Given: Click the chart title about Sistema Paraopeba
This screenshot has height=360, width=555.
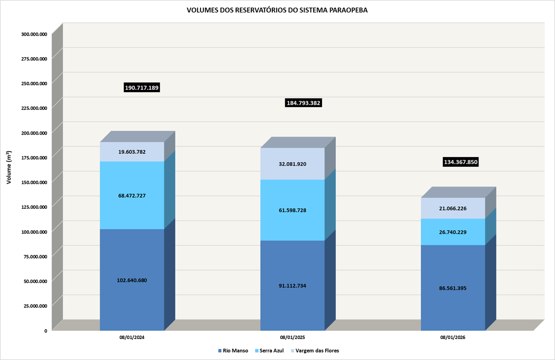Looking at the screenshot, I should pos(277,10).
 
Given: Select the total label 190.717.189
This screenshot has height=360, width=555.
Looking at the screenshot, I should pos(142,88).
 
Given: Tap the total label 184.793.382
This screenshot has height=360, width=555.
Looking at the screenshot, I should pos(304,103).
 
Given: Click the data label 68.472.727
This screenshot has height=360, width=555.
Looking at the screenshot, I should pos(132,195).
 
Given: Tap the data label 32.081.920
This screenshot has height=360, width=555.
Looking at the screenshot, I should pos(293,164).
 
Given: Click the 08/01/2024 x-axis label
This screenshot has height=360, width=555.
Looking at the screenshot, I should pos(132,338).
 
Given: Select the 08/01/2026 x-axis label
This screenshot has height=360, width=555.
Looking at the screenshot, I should pos(453,338).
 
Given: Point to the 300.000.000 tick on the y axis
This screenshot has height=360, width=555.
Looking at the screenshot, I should pos(34,34).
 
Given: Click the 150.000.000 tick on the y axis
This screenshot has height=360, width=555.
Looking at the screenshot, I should pos(34,182).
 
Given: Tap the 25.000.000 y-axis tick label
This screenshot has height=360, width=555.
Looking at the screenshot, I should pos(35,306).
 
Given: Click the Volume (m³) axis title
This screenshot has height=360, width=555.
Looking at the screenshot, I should pos(9,168).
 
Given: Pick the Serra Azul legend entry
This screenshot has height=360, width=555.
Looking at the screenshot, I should pos(269,351).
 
